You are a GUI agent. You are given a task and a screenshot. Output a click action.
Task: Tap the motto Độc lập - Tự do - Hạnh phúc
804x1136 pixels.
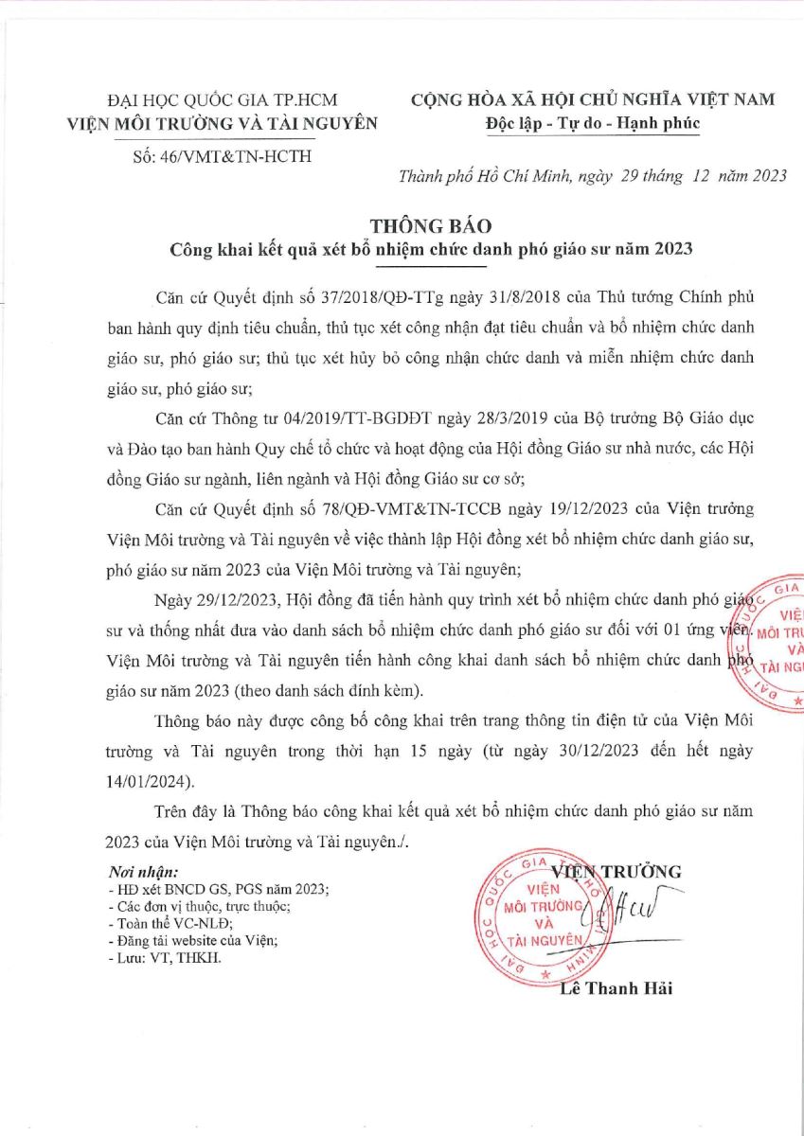(592, 123)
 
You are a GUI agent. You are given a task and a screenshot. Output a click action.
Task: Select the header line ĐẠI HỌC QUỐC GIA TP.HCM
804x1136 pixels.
(223, 99)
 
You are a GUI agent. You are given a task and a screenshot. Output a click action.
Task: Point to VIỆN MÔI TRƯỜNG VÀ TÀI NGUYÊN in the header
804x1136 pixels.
(223, 122)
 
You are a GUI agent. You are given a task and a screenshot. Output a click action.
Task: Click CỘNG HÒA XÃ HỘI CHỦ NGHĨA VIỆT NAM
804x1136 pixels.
(592, 99)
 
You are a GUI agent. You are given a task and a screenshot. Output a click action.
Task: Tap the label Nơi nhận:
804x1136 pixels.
(143, 872)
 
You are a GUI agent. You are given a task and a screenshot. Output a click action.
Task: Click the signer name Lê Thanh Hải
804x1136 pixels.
(616, 989)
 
